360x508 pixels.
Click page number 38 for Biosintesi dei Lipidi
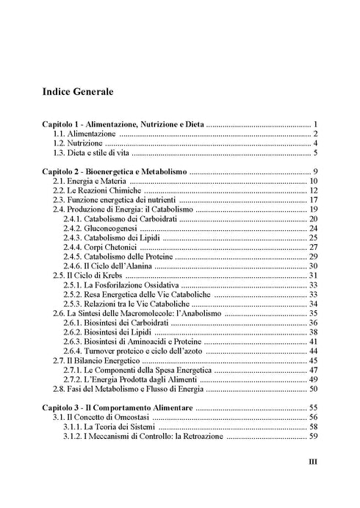[x=312, y=332]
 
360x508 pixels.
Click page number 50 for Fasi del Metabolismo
[x=312, y=388]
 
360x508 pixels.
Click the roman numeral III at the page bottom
[x=310, y=463]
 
